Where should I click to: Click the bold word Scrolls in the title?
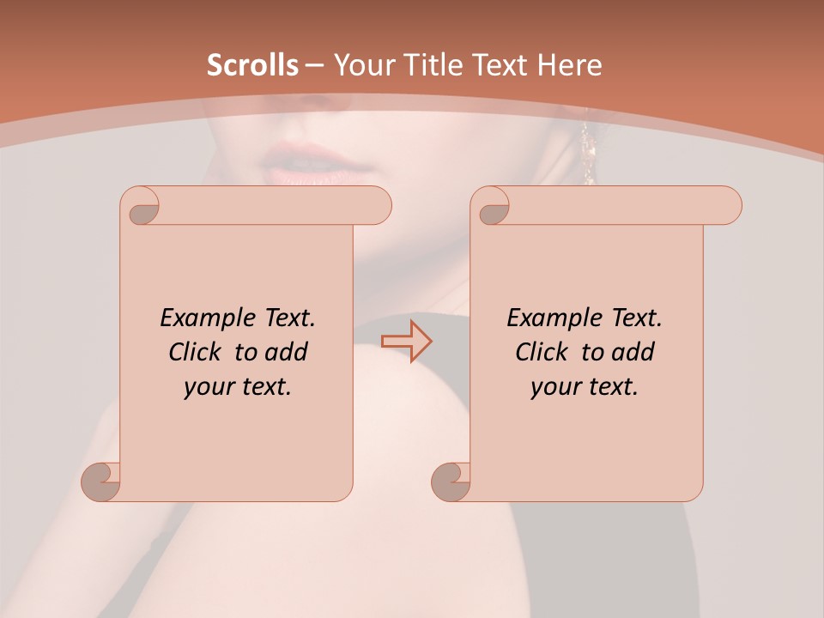tap(252, 65)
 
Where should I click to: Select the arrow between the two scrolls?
tap(406, 341)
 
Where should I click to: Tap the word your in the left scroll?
tap(207, 387)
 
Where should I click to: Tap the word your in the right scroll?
tap(554, 387)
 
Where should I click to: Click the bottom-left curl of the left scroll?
tap(102, 481)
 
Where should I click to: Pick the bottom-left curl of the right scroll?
tap(451, 481)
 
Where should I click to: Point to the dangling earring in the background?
tap(588, 154)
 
